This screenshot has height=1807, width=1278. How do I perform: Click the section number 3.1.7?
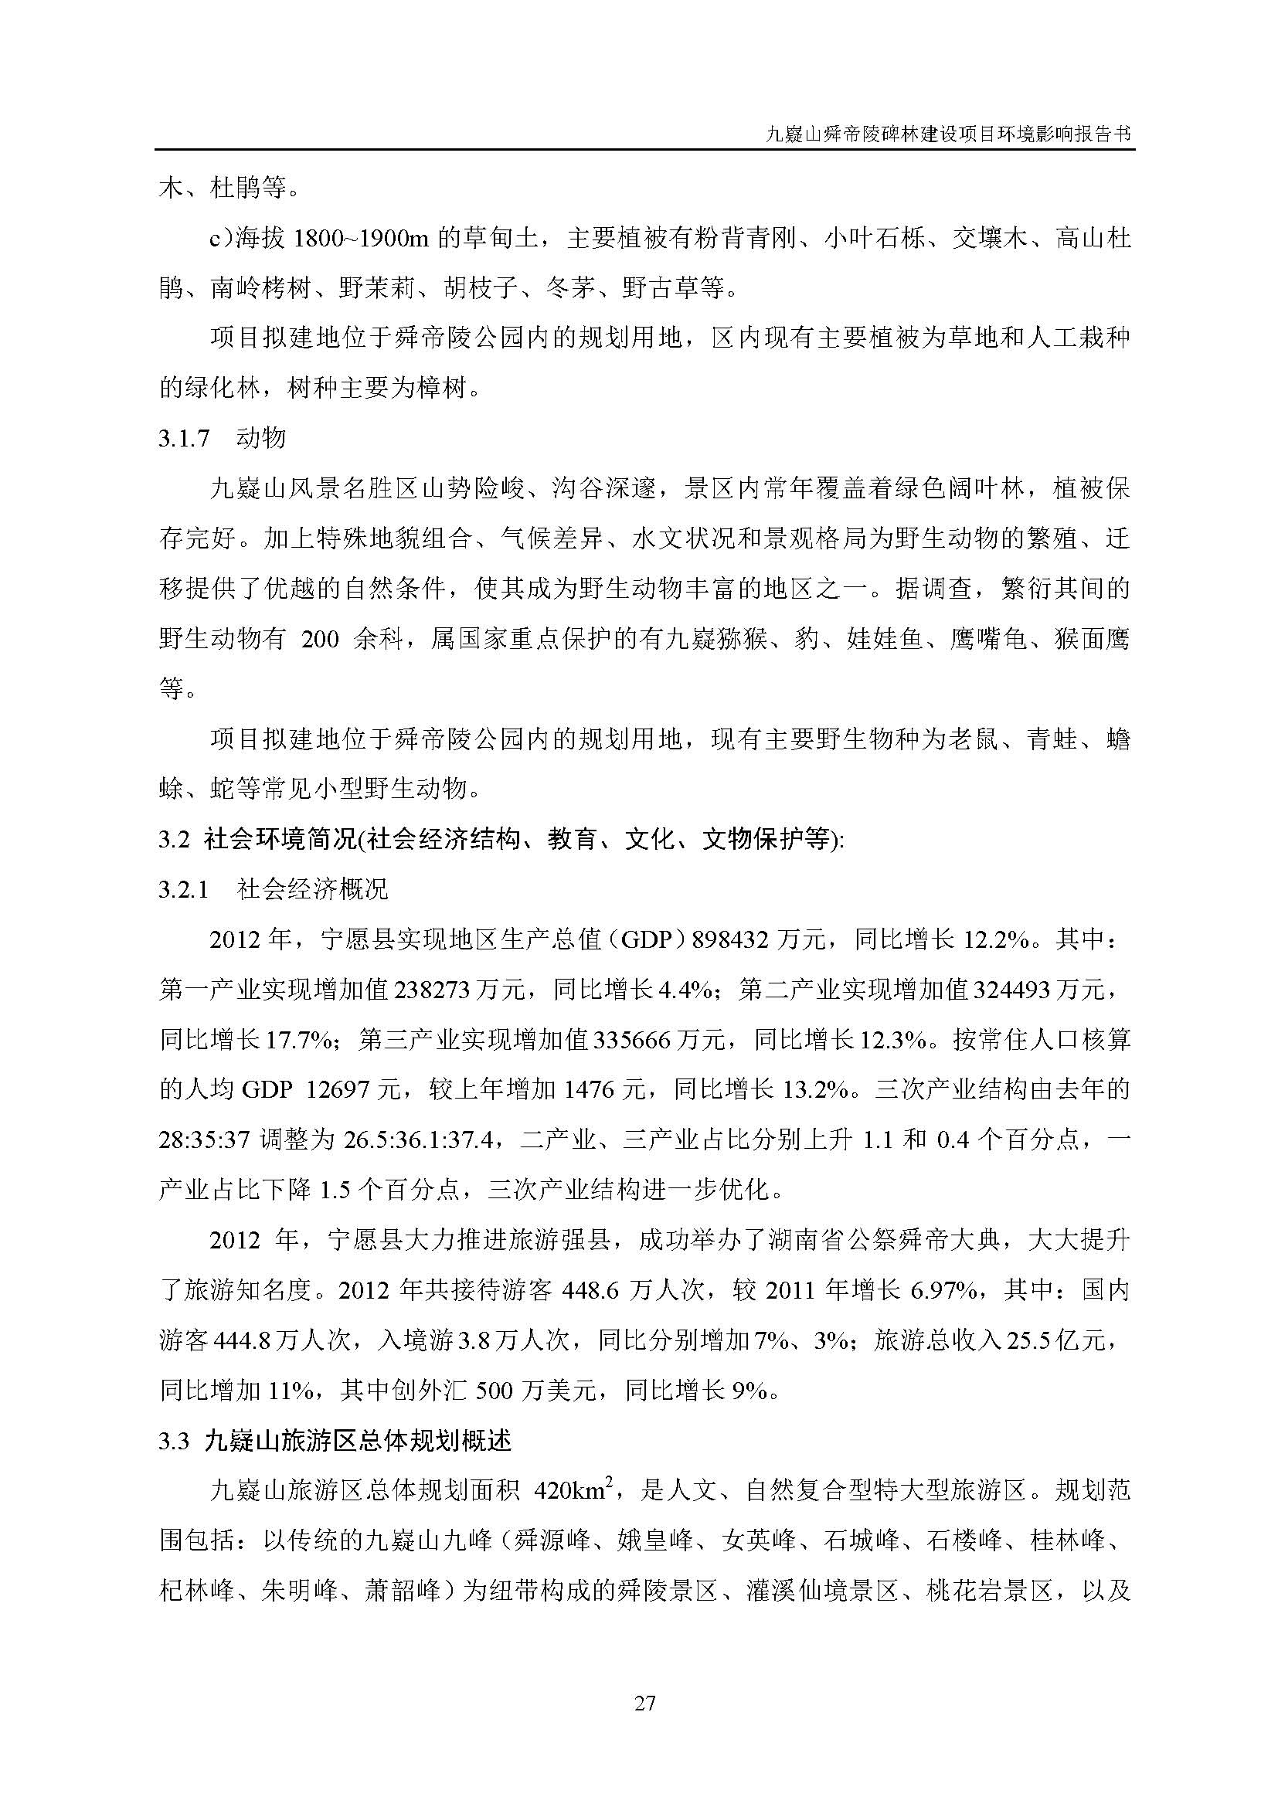(x=184, y=438)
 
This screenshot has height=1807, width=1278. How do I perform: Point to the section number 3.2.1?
(x=184, y=890)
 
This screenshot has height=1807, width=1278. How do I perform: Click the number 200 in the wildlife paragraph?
(x=321, y=639)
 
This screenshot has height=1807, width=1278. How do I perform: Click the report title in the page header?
(x=949, y=134)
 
